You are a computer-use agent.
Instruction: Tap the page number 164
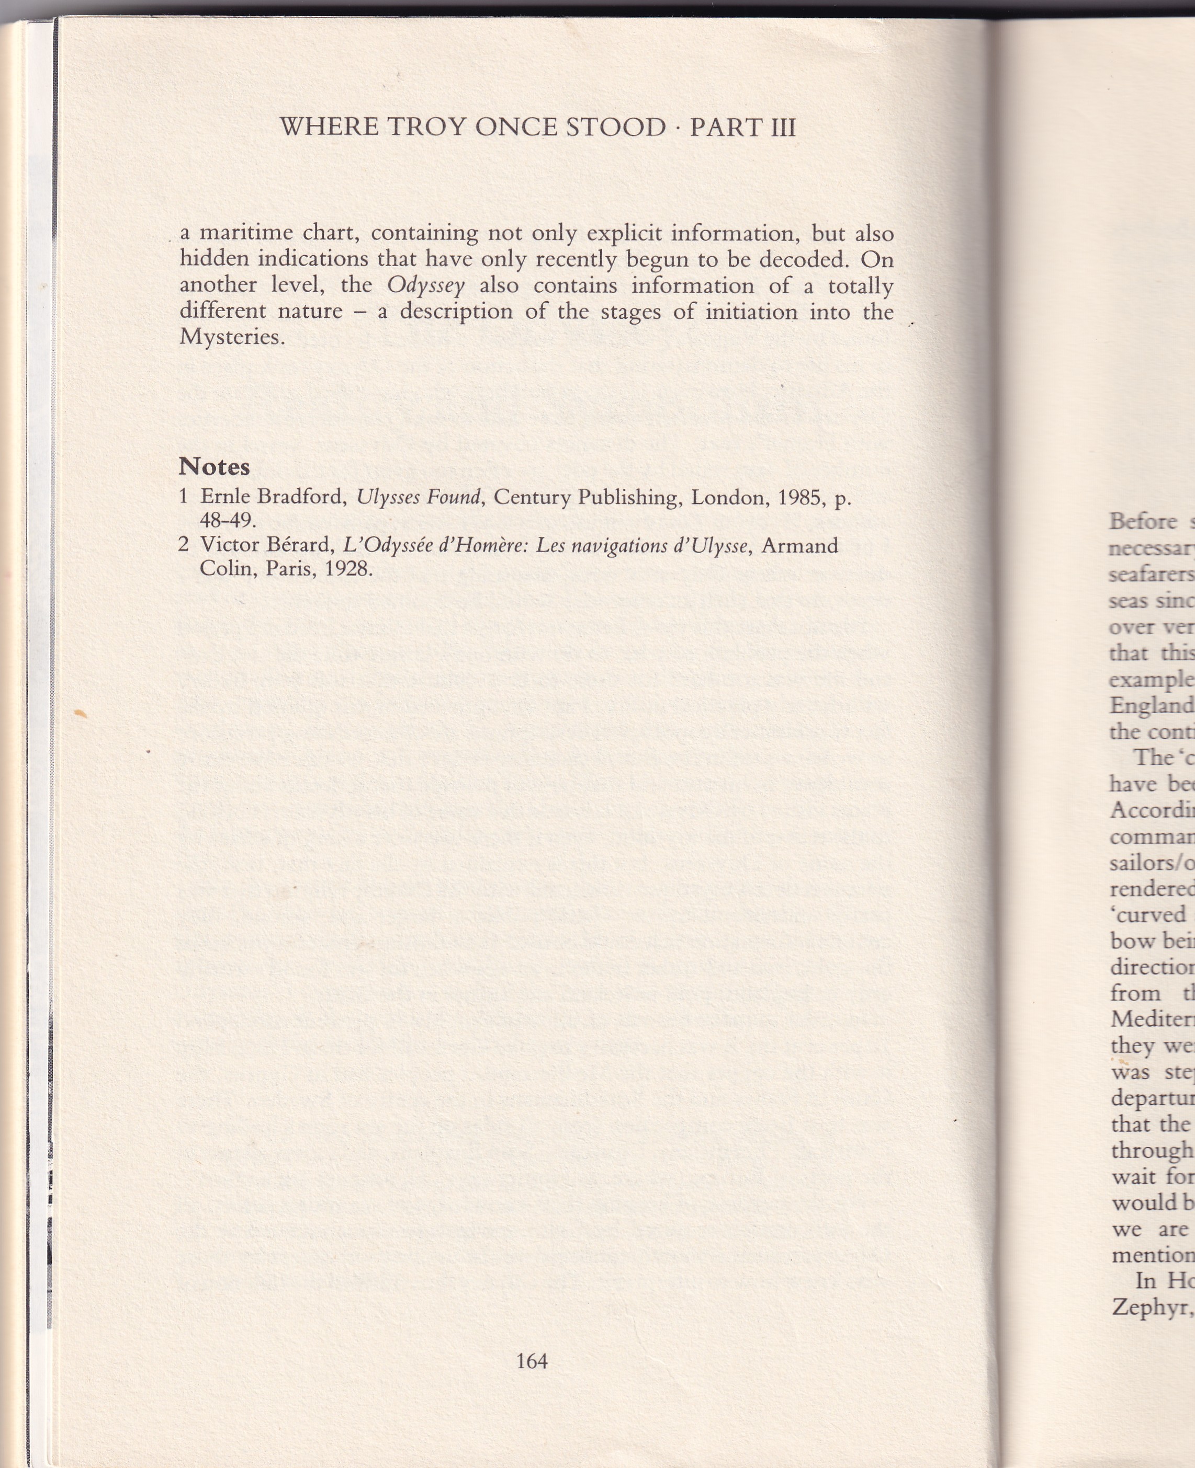[532, 1341]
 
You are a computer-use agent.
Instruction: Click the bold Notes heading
[214, 466]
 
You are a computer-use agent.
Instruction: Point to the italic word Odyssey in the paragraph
[425, 285]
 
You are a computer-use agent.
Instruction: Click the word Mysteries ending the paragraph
[231, 337]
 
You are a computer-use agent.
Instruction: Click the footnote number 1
[183, 496]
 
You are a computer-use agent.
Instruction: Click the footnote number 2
[183, 545]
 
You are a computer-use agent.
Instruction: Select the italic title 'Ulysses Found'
[419, 497]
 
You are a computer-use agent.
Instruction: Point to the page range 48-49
[227, 520]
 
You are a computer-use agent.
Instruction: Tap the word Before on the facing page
[1143, 521]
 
